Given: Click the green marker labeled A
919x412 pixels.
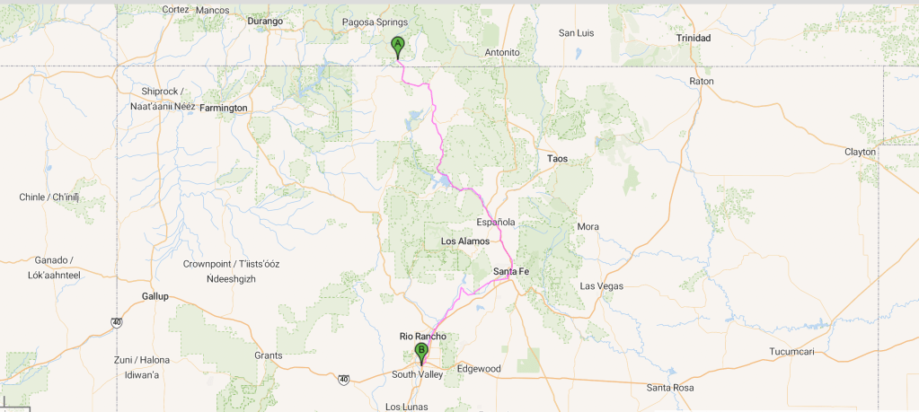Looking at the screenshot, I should [x=397, y=46].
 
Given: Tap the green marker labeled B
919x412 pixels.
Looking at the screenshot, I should [x=420, y=352].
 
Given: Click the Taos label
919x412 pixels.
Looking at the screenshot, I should [x=557, y=159].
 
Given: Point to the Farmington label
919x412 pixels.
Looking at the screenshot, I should [x=223, y=108].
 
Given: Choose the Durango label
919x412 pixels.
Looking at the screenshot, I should [x=265, y=21].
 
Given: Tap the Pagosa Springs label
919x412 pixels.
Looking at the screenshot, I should [x=375, y=22].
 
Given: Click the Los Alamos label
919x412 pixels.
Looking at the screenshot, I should [x=465, y=241].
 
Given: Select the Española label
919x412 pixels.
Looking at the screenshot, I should [x=495, y=222].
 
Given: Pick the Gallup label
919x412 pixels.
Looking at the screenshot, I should [x=155, y=296].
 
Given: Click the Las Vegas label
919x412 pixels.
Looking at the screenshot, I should [x=601, y=286].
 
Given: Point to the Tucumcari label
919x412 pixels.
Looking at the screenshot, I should [x=791, y=352].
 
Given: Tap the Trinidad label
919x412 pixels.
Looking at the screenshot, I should [x=693, y=39].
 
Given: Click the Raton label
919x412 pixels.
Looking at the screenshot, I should [x=701, y=81].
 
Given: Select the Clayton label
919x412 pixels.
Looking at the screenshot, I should [x=860, y=152].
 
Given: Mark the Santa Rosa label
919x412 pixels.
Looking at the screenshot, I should [x=670, y=388].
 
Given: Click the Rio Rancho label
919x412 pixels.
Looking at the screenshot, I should [x=422, y=337].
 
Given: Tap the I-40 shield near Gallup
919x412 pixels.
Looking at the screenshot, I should [x=117, y=321].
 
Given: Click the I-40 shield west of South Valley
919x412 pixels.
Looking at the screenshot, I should [x=344, y=380].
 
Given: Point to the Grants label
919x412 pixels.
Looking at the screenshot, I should [x=268, y=355].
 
